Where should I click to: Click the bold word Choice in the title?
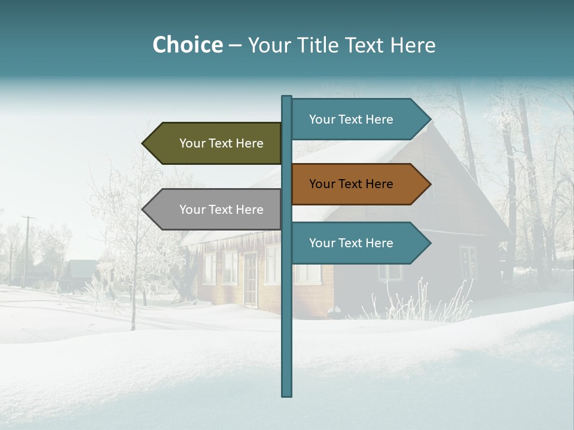187,45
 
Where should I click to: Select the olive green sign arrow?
212,143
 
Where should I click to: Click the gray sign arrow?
212,210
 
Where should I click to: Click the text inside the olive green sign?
221,143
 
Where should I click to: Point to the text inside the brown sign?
351,184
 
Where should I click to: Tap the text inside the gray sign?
221,210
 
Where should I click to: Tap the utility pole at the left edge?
26,251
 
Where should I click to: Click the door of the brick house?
250,278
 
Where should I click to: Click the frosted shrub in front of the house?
419,302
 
